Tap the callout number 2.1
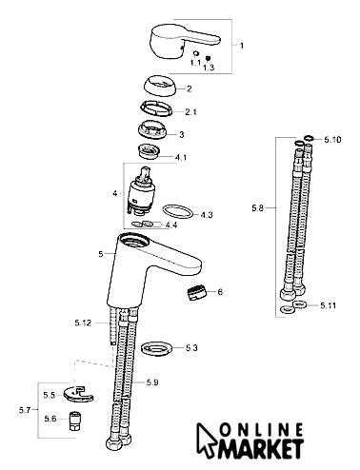pos(190,112)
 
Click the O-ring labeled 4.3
pos(178,211)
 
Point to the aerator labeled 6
pos(196,292)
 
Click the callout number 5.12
pos(83,323)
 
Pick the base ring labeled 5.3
pos(157,348)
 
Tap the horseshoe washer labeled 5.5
pos(78,394)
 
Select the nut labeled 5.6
pos(74,421)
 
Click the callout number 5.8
pos(258,208)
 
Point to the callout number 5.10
pos(332,140)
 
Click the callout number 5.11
pos(329,305)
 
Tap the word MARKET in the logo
pos(260,448)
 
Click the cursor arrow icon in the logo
pos(206,439)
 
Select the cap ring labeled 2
pos(161,88)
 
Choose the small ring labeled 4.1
pos(149,151)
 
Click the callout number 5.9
pos(152,382)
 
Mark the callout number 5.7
pos(25,410)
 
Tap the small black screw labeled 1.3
pos(209,58)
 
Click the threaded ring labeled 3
pos(153,129)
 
